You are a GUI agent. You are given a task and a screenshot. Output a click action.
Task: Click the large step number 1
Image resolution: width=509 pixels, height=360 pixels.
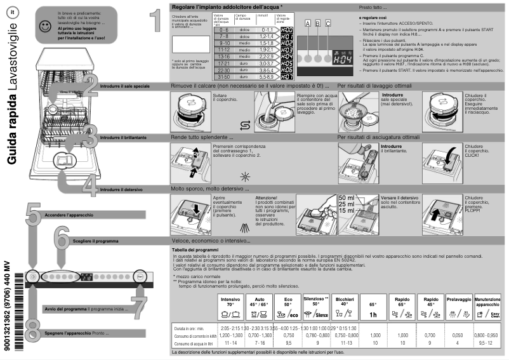click(154, 20)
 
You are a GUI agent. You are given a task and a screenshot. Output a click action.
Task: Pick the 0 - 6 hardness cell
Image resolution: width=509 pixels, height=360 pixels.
click(223, 30)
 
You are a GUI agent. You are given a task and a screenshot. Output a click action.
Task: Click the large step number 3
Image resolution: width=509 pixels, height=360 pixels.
click(90, 136)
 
